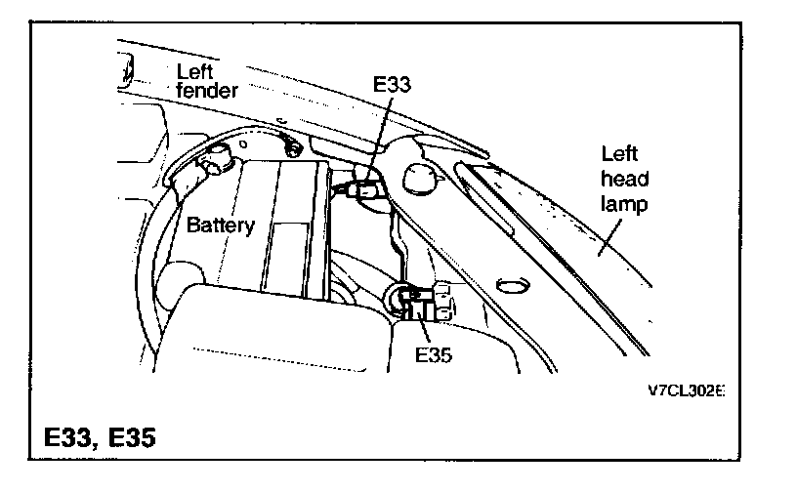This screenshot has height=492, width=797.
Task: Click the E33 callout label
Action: (x=392, y=85)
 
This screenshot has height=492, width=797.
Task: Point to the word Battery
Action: (x=220, y=225)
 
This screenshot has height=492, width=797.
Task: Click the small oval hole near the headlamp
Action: (x=510, y=285)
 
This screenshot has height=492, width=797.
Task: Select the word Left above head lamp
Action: (x=619, y=154)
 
